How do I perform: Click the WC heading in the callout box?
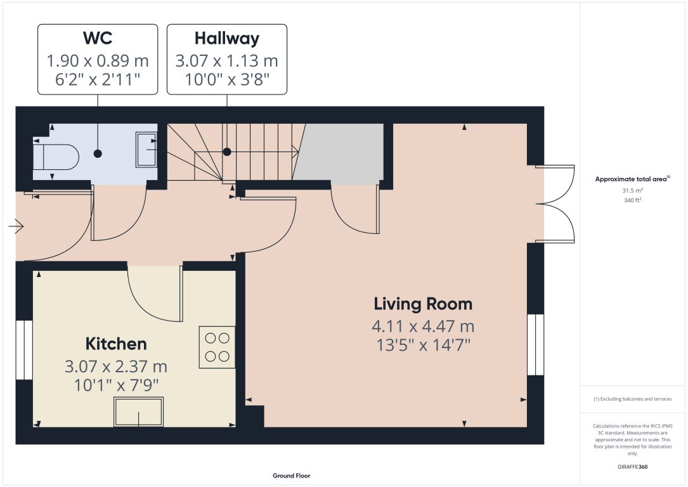[97, 39]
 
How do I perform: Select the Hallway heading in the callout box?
[226, 39]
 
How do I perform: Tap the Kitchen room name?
[116, 344]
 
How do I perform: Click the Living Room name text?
[423, 304]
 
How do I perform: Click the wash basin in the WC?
[146, 150]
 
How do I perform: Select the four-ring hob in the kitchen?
[217, 347]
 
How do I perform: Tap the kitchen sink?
[138, 412]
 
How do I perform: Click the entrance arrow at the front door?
[16, 226]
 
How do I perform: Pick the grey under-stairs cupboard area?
[340, 153]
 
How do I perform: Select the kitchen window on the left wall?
[24, 350]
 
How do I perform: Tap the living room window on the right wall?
[536, 344]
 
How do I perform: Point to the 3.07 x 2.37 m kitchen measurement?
[116, 367]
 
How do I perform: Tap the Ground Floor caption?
[291, 476]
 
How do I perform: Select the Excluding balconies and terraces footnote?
[632, 399]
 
